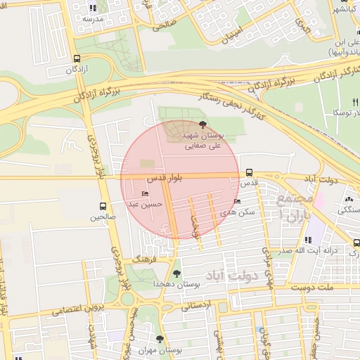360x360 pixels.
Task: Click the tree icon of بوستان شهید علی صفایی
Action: coord(204,124)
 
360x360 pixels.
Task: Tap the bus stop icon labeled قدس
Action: coord(250,172)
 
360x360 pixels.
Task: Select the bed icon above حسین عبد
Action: coord(146,194)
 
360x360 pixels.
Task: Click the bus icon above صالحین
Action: coord(103,206)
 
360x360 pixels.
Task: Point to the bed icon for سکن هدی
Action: coord(236,201)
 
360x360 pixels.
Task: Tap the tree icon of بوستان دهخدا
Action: coord(176,274)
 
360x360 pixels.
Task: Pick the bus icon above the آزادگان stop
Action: coord(77,59)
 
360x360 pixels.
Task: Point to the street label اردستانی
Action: coord(197,306)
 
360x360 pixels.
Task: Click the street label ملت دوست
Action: coord(321,288)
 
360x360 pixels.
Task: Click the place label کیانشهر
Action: coord(345,10)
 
